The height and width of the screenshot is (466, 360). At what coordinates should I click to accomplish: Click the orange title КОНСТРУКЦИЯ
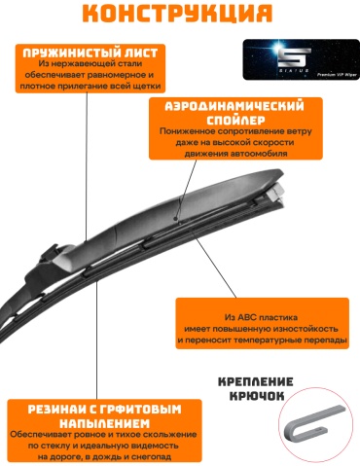click(177, 13)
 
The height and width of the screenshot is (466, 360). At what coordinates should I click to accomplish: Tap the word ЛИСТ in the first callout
click(141, 53)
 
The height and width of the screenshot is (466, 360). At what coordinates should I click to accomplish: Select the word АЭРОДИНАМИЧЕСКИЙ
click(234, 106)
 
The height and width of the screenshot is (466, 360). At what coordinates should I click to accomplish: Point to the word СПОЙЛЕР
click(235, 121)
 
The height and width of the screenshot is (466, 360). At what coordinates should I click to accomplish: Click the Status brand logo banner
click(301, 59)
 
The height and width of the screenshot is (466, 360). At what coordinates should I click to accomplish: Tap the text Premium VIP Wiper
click(337, 75)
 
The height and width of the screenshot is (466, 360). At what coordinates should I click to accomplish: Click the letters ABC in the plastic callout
click(247, 317)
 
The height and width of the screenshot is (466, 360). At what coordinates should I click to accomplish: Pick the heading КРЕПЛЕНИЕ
click(256, 381)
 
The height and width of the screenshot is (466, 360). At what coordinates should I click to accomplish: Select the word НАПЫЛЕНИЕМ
click(104, 423)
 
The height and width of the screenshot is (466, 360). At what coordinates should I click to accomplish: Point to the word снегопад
click(153, 457)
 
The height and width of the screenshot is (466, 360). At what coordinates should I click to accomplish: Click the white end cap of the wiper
click(276, 194)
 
